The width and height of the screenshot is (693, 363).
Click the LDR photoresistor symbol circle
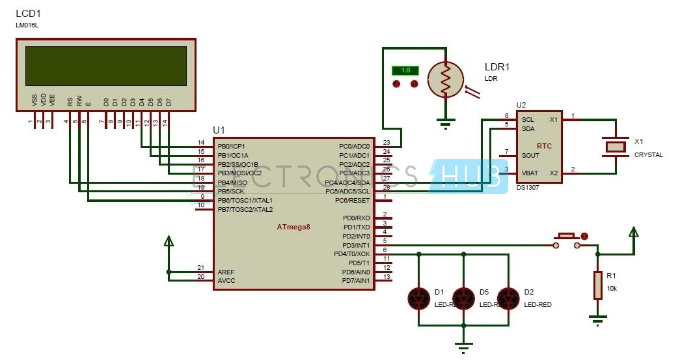(445, 80)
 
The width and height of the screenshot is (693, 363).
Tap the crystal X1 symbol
(615, 147)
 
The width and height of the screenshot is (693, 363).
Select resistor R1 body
(597, 285)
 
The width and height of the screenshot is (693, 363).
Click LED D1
(418, 298)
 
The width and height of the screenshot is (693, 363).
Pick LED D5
(463, 298)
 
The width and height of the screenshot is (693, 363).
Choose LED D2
(508, 298)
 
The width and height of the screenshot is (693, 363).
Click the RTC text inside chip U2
(543, 146)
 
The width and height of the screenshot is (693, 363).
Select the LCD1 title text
(28, 13)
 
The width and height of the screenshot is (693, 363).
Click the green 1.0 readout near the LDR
(405, 70)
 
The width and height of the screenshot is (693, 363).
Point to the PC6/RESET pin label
(353, 200)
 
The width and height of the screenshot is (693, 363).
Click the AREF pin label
(227, 272)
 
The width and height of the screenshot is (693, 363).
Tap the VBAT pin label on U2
(530, 173)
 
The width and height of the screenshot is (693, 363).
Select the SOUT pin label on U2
(530, 155)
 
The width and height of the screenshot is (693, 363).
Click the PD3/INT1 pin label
(356, 244)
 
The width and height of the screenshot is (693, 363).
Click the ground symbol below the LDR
(445, 123)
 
